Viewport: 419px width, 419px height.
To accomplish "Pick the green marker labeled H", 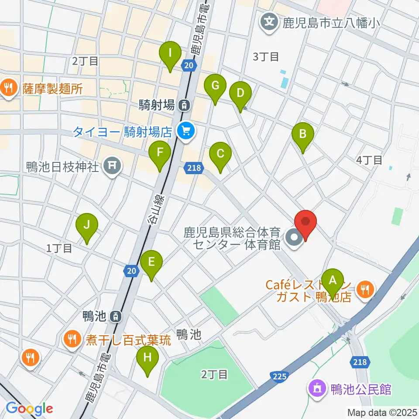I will (147, 358).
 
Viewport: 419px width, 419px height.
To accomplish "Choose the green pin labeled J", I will (87, 226).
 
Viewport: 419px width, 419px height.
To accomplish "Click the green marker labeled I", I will (170, 55).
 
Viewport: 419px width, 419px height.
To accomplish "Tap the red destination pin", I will (305, 223).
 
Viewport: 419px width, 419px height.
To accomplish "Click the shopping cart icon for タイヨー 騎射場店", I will (186, 130).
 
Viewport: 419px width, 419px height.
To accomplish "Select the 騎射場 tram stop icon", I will (185, 105).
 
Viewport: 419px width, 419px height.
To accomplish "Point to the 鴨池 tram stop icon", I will (115, 316).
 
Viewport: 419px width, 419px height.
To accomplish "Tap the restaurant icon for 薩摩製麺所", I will (8, 89).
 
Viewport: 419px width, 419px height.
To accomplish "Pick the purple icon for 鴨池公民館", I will (316, 388).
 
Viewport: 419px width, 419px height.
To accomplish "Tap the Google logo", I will (29, 409).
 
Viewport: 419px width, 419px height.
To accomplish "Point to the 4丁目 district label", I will (369, 160).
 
